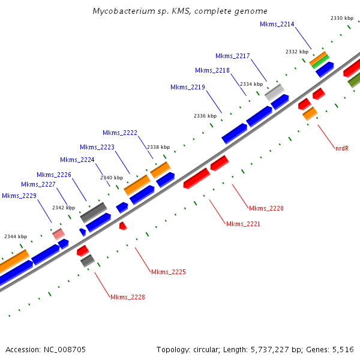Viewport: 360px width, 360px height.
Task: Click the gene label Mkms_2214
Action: [x=277, y=24]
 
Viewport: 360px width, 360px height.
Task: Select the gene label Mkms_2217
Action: [x=233, y=56]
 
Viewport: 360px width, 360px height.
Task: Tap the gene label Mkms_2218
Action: [x=212, y=70]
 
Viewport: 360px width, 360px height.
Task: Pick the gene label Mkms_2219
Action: [x=188, y=87]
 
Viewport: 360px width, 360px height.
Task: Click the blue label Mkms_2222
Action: [x=120, y=133]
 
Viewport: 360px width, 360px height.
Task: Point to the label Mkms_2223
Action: [x=97, y=147]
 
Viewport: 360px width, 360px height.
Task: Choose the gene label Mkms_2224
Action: [x=77, y=160]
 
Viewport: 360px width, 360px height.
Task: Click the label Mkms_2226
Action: [x=54, y=175]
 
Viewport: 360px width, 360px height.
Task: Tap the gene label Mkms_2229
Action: [x=19, y=196]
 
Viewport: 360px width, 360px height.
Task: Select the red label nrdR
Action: [x=342, y=148]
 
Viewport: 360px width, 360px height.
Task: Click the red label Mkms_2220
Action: [x=266, y=208]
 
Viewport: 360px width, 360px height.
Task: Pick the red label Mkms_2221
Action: [x=243, y=224]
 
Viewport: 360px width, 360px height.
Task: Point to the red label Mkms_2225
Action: [x=169, y=272]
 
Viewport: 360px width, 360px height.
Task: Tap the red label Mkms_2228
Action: [x=128, y=297]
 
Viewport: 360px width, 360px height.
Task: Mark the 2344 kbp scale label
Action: [x=16, y=236]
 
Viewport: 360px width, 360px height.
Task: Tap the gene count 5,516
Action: [x=343, y=349]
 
